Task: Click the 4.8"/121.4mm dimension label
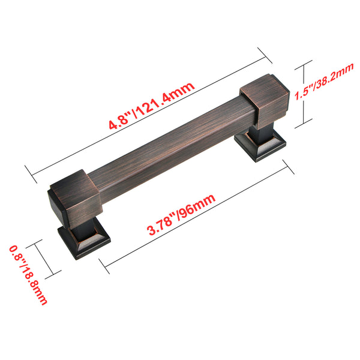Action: pyautogui.click(x=152, y=106)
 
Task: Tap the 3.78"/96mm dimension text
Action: pyautogui.click(x=181, y=214)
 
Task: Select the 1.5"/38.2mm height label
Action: pyautogui.click(x=324, y=82)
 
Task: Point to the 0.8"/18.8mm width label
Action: pyautogui.click(x=28, y=275)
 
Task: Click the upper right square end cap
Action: pyautogui.click(x=265, y=101)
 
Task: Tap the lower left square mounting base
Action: pyautogui.click(x=84, y=242)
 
